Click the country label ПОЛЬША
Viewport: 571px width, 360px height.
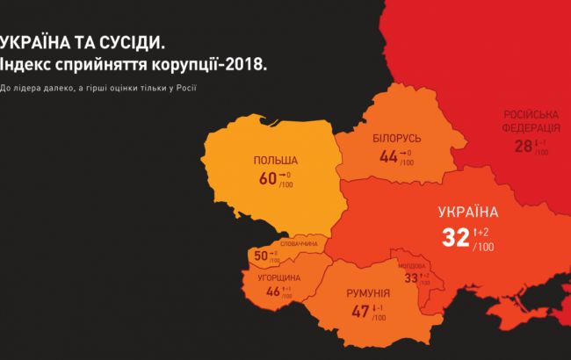[x=275, y=161]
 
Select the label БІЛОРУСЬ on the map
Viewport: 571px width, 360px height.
[x=397, y=140]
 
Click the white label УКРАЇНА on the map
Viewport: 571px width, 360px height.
[x=468, y=212]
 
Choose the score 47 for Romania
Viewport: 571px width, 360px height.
[x=360, y=311]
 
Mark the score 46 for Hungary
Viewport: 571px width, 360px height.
[x=272, y=292]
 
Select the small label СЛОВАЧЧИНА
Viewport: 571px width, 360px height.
[x=299, y=243]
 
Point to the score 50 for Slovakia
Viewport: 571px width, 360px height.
[x=261, y=256]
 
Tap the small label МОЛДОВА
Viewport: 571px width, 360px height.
[x=411, y=265]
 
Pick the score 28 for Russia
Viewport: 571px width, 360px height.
[x=524, y=146]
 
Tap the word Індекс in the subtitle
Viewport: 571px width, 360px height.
[x=31, y=65]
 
